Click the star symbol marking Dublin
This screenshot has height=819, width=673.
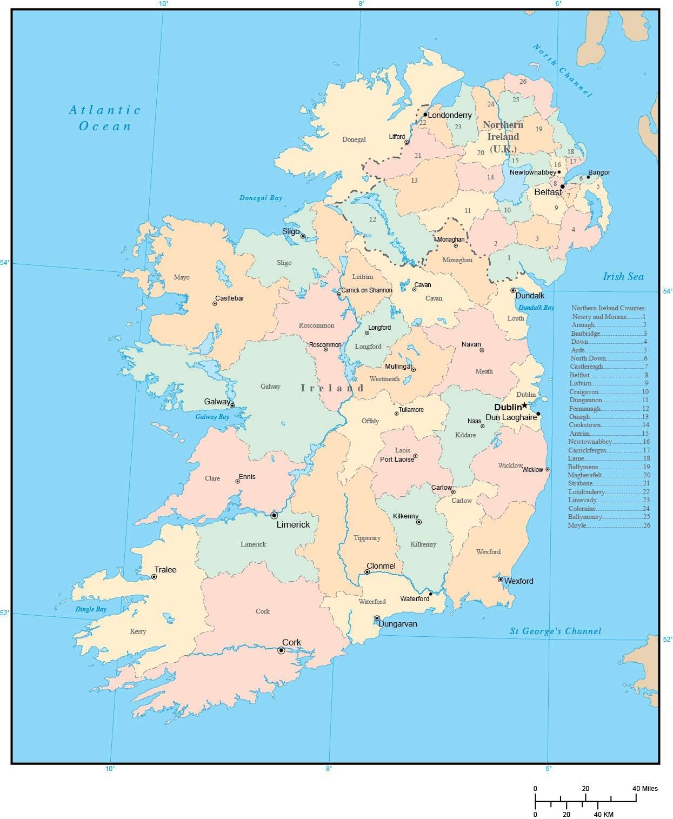pyautogui.click(x=524, y=405)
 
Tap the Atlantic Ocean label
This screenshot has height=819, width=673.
pyautogui.click(x=105, y=118)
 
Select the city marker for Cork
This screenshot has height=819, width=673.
pyautogui.click(x=281, y=650)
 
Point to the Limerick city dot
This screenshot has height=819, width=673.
pyautogui.click(x=274, y=515)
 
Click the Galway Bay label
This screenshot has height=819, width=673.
pyautogui.click(x=212, y=417)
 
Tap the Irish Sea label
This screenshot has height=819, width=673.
pyautogui.click(x=623, y=276)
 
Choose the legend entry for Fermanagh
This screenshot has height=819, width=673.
pyautogui.click(x=608, y=409)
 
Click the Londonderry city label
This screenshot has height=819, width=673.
pyautogui.click(x=449, y=115)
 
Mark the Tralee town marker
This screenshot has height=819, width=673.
pyautogui.click(x=154, y=577)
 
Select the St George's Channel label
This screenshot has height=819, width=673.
pyautogui.click(x=555, y=631)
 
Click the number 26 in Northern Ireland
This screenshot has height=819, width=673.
pyautogui.click(x=523, y=82)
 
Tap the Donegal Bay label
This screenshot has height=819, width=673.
pyautogui.click(x=261, y=198)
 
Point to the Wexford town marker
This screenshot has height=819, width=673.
pyautogui.click(x=501, y=580)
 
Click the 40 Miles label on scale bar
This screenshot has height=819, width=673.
pyautogui.click(x=645, y=788)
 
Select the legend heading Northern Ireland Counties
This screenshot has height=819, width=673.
pyautogui.click(x=608, y=308)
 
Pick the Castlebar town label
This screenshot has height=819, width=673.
pyautogui.click(x=229, y=298)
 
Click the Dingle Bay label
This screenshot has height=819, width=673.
pyautogui.click(x=90, y=609)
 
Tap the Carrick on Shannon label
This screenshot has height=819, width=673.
pyautogui.click(x=367, y=290)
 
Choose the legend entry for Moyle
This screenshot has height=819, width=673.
pyautogui.click(x=608, y=525)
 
